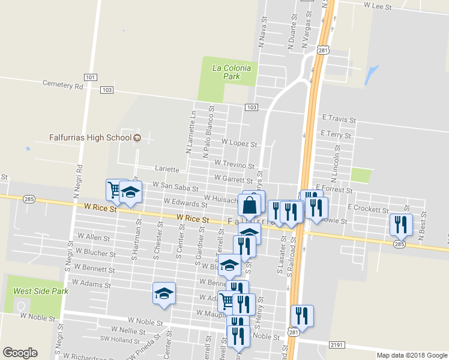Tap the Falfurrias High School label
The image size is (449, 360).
[90, 138]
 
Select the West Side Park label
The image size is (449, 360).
[41, 291]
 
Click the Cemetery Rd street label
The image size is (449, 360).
[62, 85]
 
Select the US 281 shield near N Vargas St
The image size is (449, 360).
[324, 52]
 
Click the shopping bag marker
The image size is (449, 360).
[250, 205]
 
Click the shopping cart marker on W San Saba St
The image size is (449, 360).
[115, 190]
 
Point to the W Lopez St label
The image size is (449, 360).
[239, 144]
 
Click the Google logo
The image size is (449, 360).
[20, 353]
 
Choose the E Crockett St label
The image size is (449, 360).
[369, 209]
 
